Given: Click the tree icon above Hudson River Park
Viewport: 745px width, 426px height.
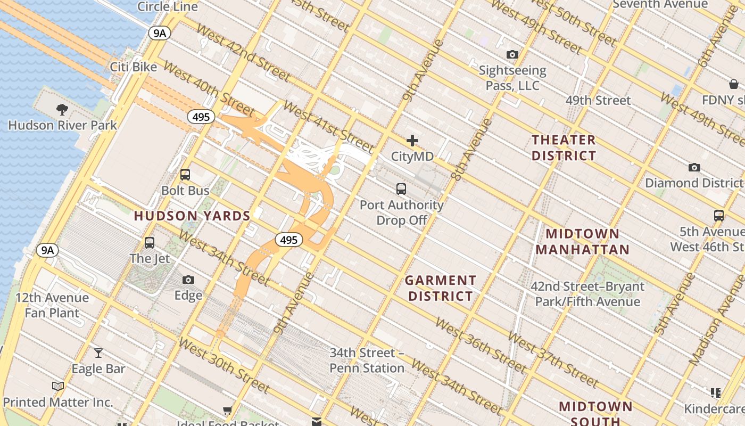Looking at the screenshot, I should point(62,110).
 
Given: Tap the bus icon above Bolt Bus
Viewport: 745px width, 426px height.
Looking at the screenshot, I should point(185,175).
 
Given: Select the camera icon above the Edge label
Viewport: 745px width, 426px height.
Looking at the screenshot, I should point(188,280).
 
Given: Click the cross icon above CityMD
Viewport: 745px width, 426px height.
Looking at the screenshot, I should point(412,141).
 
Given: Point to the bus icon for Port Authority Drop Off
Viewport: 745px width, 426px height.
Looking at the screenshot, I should point(401,189).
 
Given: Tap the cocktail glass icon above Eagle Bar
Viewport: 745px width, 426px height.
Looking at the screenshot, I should point(98,353).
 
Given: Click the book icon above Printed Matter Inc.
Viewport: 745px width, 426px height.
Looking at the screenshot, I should point(58,386).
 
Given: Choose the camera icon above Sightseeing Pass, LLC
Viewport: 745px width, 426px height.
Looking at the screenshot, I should point(512,54).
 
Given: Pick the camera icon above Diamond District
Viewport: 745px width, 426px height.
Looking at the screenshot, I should point(694,167).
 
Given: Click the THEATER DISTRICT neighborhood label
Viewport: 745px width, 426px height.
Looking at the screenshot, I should point(564,148).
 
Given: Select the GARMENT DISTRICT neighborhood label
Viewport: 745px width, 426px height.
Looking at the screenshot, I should point(440,288).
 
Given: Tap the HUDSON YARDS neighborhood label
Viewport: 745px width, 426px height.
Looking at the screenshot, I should point(192,216).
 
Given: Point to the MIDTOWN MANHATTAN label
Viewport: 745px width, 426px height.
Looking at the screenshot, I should point(582,241).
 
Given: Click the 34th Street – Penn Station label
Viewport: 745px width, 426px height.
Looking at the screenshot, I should point(367,361).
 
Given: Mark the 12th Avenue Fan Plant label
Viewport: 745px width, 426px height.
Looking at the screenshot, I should point(52,305).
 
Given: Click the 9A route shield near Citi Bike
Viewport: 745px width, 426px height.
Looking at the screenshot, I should point(160,34).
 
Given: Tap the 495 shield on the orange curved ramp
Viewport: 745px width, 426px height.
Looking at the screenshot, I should point(288,240).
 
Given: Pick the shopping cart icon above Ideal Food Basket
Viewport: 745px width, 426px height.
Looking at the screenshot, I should point(228,410).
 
